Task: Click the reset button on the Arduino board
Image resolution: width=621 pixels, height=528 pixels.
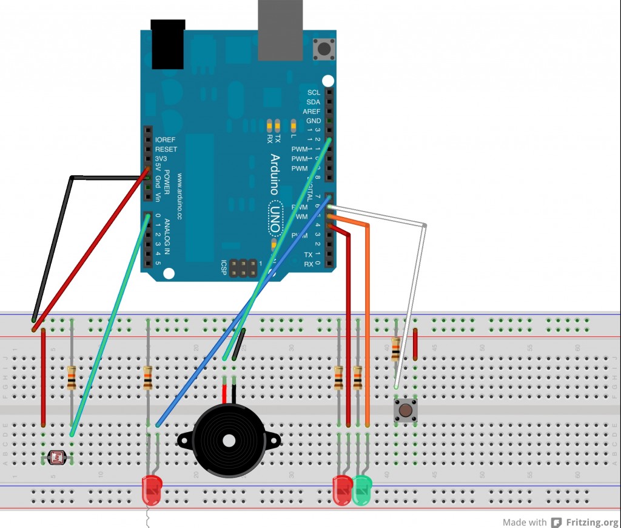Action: (x=324, y=49)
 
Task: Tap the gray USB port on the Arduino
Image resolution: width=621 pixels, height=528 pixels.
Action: (x=280, y=30)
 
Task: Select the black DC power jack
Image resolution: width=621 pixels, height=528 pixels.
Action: (x=167, y=44)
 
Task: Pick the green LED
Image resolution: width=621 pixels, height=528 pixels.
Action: (x=363, y=490)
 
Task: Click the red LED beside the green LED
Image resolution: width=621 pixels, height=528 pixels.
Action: (x=343, y=490)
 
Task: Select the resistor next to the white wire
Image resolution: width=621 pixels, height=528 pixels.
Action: (x=396, y=349)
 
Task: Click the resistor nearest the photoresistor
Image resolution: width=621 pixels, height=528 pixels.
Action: (x=72, y=378)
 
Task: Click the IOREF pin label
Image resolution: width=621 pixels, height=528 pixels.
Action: (x=166, y=140)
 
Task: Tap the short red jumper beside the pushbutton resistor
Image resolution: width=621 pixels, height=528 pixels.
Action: (x=415, y=344)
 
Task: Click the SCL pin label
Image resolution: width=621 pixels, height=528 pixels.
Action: (x=314, y=93)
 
